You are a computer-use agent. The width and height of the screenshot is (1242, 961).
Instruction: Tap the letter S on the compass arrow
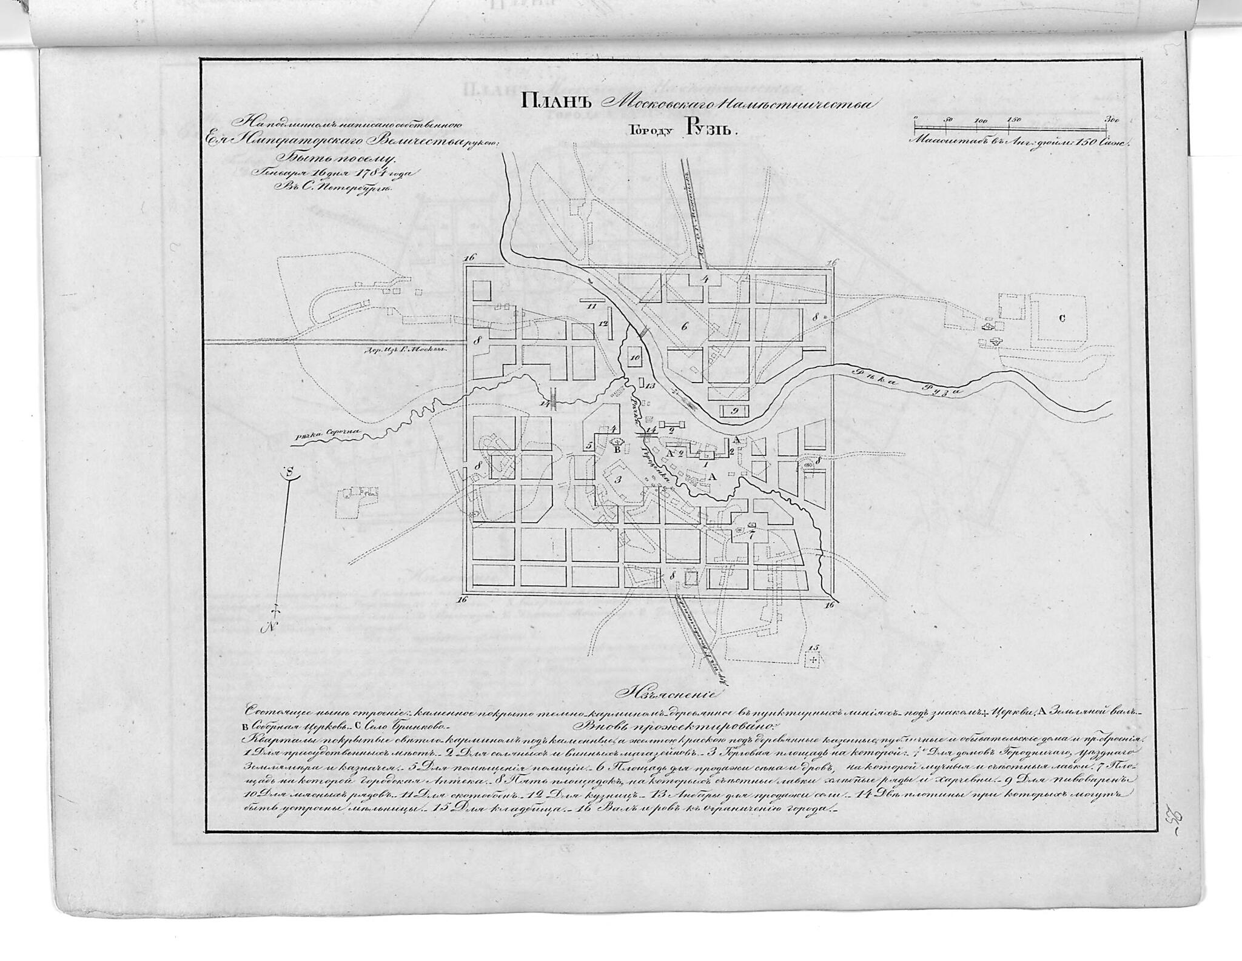290,471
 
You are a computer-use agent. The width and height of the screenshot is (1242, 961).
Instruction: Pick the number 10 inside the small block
635,358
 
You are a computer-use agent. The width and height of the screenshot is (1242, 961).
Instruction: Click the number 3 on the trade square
618,479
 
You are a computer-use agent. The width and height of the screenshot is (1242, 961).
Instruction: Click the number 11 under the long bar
592,307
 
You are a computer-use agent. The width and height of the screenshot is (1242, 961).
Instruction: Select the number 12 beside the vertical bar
602,324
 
